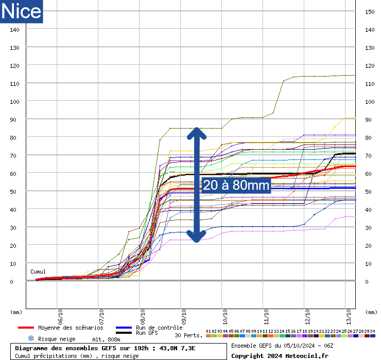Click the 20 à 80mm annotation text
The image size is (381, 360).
236,185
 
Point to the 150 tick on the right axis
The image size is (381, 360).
369,11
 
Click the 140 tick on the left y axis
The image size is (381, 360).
15,30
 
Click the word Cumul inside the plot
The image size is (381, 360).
38,272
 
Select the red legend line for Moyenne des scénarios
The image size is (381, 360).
26,328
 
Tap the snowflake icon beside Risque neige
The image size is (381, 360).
31,338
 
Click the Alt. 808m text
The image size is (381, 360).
106,339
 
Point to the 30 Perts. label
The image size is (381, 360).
188,335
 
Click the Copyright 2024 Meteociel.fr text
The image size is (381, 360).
280,355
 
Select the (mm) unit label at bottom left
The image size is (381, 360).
16,312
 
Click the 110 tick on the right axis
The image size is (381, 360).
369,83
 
